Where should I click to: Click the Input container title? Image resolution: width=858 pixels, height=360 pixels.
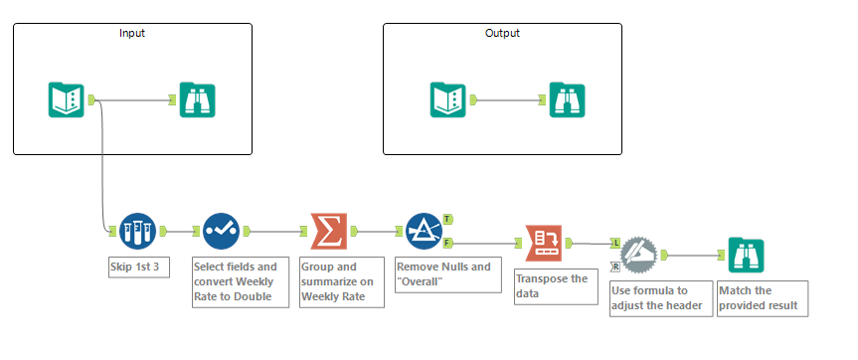coord(131,33)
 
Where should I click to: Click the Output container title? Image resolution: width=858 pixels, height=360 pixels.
coord(502,33)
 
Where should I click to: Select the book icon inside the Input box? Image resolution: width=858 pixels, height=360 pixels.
coord(67,99)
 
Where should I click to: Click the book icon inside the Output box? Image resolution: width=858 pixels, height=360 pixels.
coord(448,99)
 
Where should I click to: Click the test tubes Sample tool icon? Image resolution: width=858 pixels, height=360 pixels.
coord(138,232)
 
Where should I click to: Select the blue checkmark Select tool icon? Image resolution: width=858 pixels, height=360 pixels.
coord(222,232)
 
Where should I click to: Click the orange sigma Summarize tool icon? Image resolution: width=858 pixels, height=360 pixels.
coord(329,232)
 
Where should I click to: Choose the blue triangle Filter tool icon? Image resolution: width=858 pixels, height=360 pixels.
coord(425,232)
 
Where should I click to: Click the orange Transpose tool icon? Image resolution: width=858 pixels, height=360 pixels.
coord(544,242)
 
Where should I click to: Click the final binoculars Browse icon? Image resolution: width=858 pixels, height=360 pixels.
coord(747,256)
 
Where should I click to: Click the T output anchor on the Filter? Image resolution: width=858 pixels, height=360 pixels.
coord(448,219)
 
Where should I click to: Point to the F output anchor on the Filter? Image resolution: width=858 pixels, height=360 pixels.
coord(448,242)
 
